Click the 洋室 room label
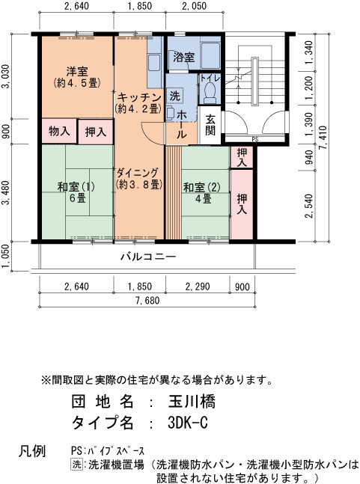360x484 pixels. click(77, 72)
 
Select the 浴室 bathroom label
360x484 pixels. click(183, 57)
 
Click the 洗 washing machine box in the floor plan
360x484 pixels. click(174, 96)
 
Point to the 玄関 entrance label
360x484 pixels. click(210, 126)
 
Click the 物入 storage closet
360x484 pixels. click(59, 132)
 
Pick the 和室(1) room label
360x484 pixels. click(76, 187)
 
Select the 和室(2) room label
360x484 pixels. click(202, 188)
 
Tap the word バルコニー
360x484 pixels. click(148, 257)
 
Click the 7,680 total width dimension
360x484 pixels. click(147, 300)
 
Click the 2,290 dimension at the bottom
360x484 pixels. click(198, 287)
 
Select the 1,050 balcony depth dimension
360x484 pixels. click(6, 257)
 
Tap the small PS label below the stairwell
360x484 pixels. click(255, 140)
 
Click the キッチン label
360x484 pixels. click(139, 97)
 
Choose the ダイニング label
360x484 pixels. click(138, 173)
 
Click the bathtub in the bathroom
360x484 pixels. click(210, 55)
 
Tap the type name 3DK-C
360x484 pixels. click(188, 423)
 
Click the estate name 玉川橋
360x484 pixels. click(192, 402)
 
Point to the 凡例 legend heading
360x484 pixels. click(32, 451)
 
